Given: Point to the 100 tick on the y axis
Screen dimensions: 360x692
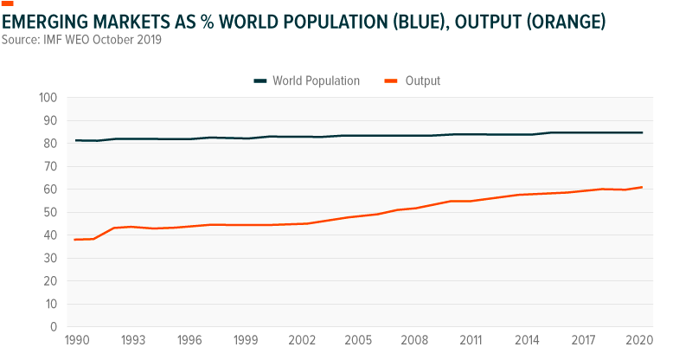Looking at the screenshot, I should tap(47, 98).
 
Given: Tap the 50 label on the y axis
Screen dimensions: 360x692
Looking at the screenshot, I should tap(49, 212).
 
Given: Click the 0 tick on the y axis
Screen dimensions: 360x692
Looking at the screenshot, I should tap(53, 327).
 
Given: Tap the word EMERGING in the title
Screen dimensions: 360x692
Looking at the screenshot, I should tap(44, 20).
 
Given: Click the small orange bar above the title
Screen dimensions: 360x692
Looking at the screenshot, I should tap(8, 3).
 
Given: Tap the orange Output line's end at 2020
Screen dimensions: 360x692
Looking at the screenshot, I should tap(641, 187).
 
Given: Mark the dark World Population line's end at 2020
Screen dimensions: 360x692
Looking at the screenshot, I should tap(641, 132).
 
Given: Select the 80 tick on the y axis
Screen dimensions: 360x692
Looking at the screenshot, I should tap(49, 144).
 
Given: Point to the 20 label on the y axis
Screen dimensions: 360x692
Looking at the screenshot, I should tap(49, 281).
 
